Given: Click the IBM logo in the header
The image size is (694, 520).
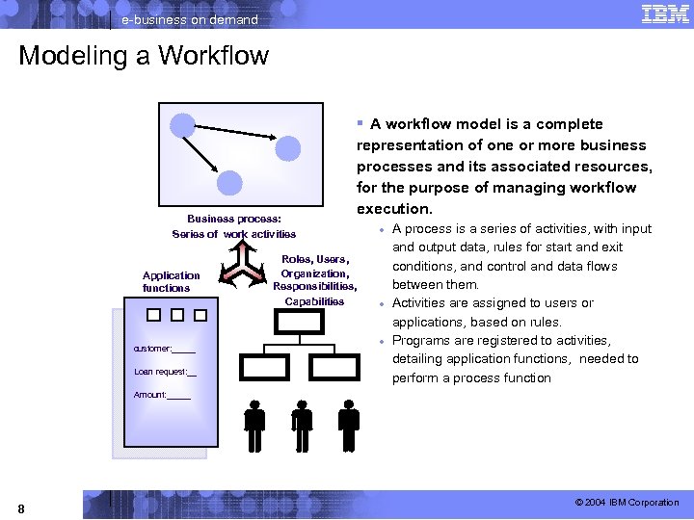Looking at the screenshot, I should [x=664, y=14].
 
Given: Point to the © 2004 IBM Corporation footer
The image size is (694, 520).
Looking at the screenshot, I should [x=627, y=503].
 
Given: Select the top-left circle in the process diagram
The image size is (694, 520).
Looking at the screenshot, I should [x=182, y=124].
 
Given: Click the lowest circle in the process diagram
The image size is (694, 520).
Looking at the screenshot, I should [x=229, y=183].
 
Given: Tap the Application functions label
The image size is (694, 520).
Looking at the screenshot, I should [x=171, y=281].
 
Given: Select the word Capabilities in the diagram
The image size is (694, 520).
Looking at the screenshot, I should [x=314, y=301].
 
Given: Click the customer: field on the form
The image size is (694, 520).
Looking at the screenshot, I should [x=165, y=348].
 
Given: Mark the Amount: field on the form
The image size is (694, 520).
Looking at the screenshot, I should [x=162, y=395].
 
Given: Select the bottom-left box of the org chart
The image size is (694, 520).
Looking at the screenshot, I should [x=262, y=367].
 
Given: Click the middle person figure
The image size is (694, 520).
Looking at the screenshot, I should [x=302, y=423].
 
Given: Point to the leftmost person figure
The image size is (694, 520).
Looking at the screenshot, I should [x=254, y=423].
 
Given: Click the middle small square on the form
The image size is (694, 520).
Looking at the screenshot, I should [x=176, y=314].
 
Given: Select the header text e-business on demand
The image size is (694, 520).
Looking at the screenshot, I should [x=189, y=19].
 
